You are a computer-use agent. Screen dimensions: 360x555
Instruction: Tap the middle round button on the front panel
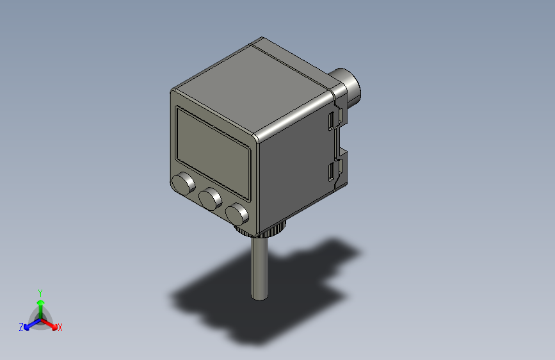tap(209, 199)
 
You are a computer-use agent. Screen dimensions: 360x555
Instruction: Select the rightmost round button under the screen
tap(237, 213)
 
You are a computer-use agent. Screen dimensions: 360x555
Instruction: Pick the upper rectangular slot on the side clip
tap(330, 121)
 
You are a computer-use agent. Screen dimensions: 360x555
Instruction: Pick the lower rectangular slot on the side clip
tap(331, 171)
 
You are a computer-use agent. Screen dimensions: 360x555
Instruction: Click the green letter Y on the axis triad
tap(40, 291)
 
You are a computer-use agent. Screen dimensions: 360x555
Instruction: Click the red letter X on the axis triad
tap(60, 328)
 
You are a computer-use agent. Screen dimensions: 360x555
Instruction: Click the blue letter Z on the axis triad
tap(21, 327)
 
